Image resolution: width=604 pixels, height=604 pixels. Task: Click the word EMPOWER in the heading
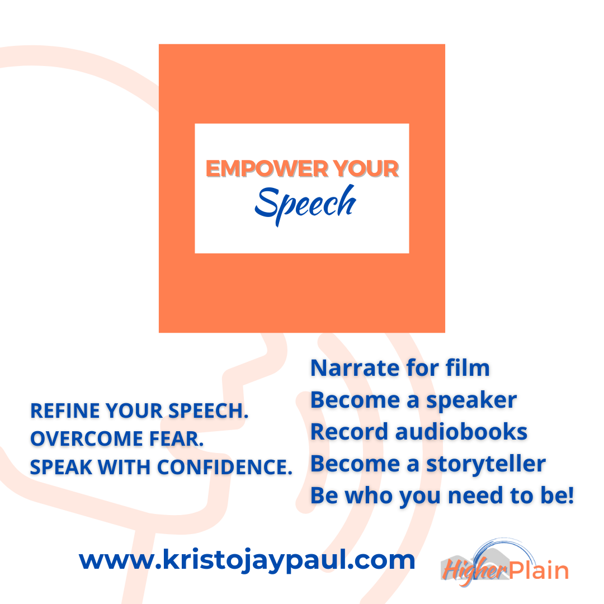(267, 169)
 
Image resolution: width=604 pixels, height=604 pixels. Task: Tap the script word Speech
(305, 204)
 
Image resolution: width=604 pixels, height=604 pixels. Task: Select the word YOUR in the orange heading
(366, 169)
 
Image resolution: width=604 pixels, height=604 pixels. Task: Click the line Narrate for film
(400, 368)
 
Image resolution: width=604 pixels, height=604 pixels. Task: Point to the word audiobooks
(461, 432)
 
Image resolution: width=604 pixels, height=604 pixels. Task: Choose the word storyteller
(486, 464)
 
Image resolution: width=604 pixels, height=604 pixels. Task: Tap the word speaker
(471, 400)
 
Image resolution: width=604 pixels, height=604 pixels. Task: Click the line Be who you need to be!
(442, 496)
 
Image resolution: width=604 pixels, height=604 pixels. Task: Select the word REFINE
(65, 410)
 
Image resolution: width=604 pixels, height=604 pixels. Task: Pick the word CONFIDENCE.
(225, 467)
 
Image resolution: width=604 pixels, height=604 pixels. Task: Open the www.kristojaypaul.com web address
(247, 560)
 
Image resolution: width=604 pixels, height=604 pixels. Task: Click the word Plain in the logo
(539, 570)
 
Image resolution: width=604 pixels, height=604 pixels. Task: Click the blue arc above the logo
(501, 544)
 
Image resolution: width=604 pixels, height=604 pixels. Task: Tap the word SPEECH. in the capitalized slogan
(209, 410)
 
